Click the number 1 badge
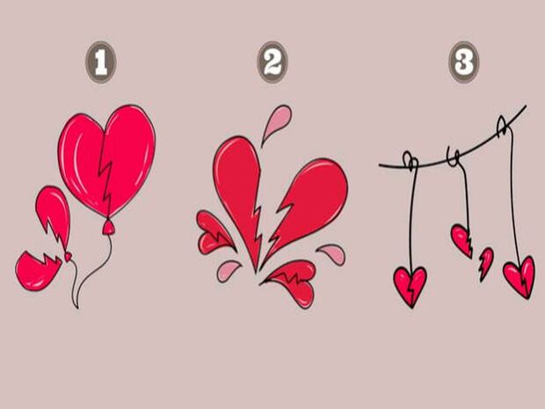(101, 62)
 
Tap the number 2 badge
(272, 62)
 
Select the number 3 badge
(464, 62)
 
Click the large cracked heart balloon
(106, 161)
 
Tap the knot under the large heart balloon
(108, 227)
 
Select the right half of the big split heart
(306, 205)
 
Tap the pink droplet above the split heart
(278, 123)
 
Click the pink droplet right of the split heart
(333, 253)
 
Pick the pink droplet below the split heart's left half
(228, 271)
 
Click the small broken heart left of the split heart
(214, 233)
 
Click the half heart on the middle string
(462, 240)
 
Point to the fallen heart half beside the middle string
(486, 264)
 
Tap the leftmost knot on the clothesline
(411, 161)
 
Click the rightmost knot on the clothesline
(503, 126)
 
